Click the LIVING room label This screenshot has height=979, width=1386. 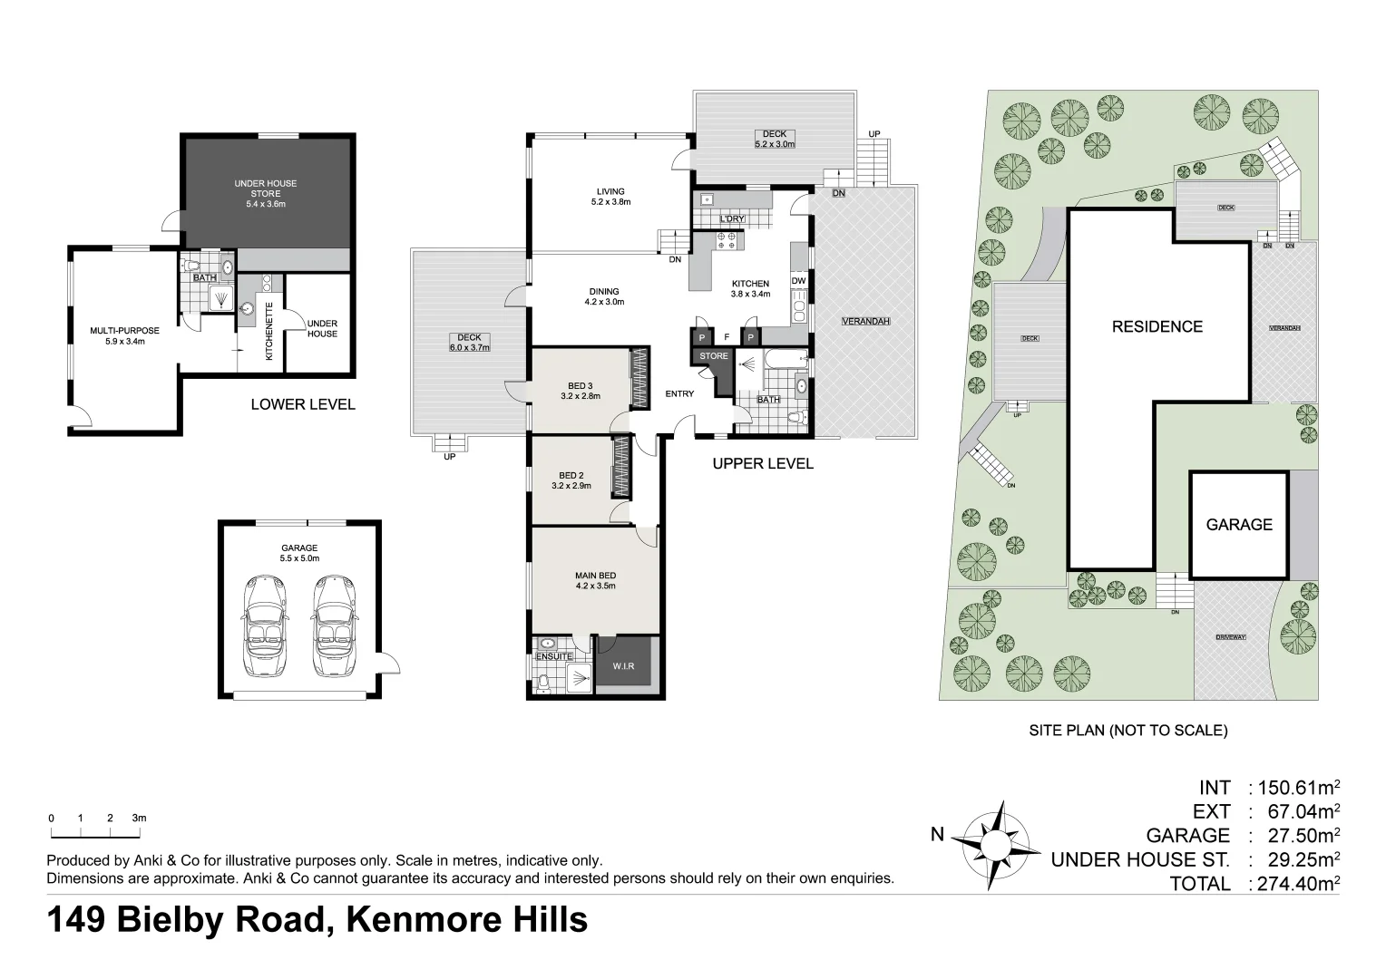610,191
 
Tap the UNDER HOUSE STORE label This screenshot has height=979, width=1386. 266,189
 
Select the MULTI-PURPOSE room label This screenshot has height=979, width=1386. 125,331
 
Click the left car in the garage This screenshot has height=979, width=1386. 265,625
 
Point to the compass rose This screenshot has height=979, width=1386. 996,845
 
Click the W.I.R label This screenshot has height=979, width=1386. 623,666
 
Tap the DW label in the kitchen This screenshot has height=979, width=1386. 799,281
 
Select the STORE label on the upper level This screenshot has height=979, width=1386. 714,356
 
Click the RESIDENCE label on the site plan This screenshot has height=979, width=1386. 1157,326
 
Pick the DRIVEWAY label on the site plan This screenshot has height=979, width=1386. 1231,637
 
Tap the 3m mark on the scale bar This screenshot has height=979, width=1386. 139,818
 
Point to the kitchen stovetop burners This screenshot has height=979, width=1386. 727,241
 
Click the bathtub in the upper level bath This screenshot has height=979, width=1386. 786,359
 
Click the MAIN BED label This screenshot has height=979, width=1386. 595,576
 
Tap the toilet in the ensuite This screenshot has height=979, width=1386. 543,683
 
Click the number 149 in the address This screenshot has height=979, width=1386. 76,920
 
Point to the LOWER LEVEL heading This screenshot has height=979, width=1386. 303,404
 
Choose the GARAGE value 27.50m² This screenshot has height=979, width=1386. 1303,836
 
